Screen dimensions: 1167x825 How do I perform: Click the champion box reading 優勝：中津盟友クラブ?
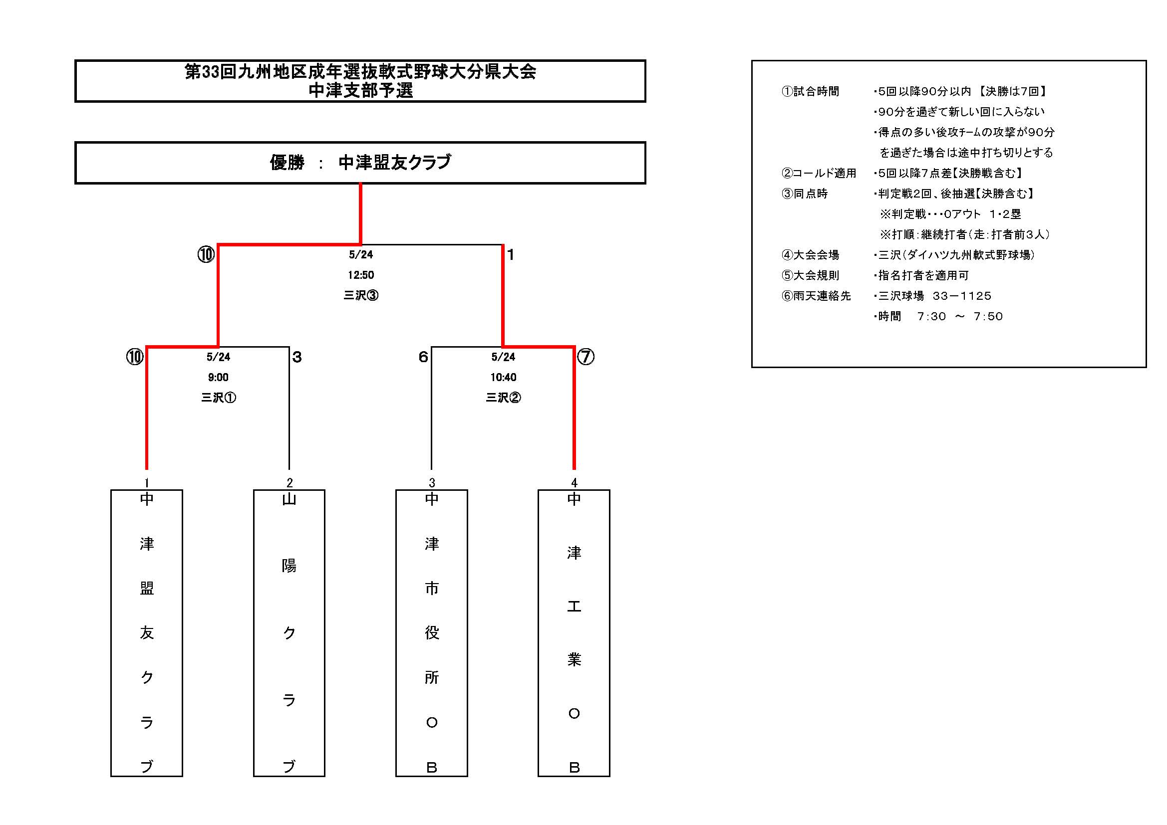(x=360, y=163)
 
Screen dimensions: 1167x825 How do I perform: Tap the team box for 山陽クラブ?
(x=289, y=633)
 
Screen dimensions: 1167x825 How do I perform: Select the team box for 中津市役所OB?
(x=432, y=633)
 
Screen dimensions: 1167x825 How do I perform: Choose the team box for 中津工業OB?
(x=574, y=633)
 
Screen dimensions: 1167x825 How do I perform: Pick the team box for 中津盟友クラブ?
(x=146, y=633)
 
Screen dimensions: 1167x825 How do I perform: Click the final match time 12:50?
(x=361, y=275)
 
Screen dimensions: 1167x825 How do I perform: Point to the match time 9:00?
(x=218, y=378)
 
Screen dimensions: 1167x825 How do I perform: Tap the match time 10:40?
(x=503, y=378)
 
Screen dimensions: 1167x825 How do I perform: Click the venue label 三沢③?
(x=361, y=296)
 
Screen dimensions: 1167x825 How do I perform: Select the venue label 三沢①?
(x=219, y=398)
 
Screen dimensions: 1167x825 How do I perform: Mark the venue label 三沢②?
(x=503, y=398)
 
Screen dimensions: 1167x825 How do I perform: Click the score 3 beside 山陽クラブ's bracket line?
(x=297, y=357)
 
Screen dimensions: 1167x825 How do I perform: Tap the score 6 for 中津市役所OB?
(x=423, y=357)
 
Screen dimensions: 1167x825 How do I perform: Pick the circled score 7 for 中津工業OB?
(x=585, y=357)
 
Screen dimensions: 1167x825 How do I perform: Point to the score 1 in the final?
(x=511, y=254)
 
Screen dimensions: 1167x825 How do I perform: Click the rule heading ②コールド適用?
(x=819, y=173)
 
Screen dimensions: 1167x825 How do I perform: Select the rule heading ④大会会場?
(x=810, y=255)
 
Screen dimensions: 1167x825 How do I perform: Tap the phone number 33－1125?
(x=962, y=296)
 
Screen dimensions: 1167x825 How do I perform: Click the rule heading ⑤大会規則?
(x=810, y=275)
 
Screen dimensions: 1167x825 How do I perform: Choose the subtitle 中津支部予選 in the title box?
(x=361, y=90)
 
